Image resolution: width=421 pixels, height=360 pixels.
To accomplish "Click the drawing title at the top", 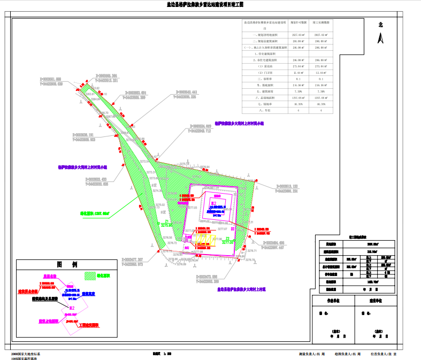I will point(205,4).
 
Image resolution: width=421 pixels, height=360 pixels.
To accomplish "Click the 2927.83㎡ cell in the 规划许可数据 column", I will point(298,34).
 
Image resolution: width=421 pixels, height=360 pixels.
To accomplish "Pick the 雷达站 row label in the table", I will point(265,66).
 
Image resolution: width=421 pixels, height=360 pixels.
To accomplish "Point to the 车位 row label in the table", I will point(263,110).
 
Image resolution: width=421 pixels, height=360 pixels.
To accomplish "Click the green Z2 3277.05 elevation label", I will point(228,240).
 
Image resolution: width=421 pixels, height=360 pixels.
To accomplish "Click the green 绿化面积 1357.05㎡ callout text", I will point(95,213).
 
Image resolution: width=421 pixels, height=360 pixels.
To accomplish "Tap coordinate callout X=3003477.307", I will point(125,262).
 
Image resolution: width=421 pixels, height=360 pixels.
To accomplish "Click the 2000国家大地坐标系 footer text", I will point(25,354).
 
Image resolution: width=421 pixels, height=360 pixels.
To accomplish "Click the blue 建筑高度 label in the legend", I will point(90,294).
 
